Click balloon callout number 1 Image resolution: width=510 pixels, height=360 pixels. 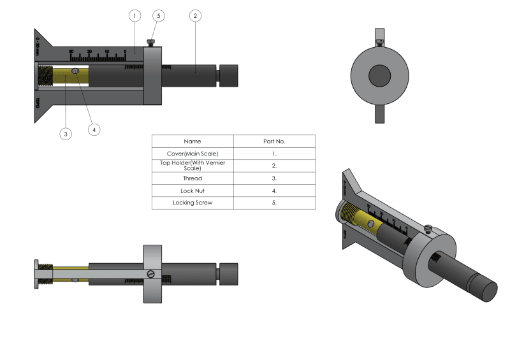(x=135, y=15)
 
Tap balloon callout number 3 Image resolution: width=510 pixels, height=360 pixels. (x=66, y=133)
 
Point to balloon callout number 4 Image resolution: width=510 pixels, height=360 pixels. (x=94, y=129)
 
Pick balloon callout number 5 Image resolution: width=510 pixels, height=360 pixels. (x=159, y=15)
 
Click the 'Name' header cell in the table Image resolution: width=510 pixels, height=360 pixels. (x=193, y=141)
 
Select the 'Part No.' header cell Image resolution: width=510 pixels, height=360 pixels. (x=274, y=141)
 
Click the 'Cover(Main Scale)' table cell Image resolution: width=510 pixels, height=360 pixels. (x=193, y=154)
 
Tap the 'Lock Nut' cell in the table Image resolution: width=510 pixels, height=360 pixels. (x=193, y=191)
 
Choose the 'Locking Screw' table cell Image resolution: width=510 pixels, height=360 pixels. (x=193, y=203)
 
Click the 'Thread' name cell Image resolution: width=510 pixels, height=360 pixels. (x=193, y=178)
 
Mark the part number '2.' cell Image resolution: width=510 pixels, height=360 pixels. (x=274, y=166)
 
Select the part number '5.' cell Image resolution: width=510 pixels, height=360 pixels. (x=274, y=203)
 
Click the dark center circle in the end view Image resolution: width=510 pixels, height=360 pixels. (x=381, y=76)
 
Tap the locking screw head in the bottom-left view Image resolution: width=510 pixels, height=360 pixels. (x=151, y=274)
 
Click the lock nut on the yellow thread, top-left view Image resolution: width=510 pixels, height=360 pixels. (x=75, y=71)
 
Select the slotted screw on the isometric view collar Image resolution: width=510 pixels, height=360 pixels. (x=429, y=228)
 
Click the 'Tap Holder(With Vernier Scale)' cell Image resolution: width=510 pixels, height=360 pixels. (x=193, y=166)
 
